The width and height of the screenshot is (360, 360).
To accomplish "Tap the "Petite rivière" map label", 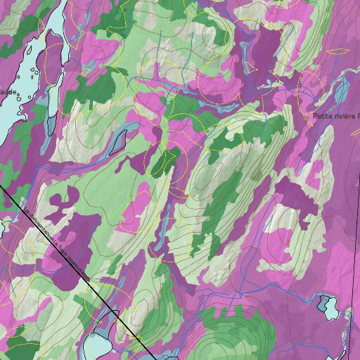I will point(334,115).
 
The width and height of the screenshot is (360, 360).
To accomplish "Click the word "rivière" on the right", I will point(344,115).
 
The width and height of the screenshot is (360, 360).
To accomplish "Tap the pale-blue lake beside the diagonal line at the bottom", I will point(97,345).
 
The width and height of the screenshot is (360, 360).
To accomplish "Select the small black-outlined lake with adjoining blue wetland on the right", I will point(327,305).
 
